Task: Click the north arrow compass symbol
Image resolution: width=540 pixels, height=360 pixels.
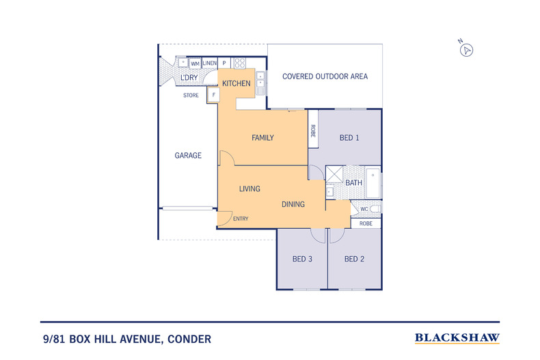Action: pos(466,51)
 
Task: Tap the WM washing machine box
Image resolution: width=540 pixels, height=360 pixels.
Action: pos(195,64)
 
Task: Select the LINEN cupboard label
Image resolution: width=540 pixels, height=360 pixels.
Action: pos(209,64)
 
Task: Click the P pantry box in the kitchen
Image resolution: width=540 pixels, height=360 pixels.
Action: pos(224,63)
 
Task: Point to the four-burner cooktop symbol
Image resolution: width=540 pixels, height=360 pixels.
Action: pos(240,63)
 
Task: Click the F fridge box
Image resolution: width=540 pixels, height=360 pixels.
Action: pos(213,95)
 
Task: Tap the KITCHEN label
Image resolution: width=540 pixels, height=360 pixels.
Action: pos(237,83)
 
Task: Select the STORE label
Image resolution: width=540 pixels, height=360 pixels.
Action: pos(191,96)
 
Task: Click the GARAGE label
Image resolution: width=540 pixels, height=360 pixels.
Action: pos(188,156)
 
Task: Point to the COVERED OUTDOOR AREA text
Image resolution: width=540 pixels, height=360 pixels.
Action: pos(325,77)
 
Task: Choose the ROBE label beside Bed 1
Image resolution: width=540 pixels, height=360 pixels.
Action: pos(313,130)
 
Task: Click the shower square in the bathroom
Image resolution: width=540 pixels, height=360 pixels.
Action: pos(334,174)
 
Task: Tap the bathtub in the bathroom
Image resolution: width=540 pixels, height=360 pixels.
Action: pos(373,183)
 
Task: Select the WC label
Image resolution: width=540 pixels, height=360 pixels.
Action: pos(364,209)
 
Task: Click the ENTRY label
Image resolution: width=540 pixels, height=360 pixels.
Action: pos(241,219)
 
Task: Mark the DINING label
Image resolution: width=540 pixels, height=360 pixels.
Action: pos(293,204)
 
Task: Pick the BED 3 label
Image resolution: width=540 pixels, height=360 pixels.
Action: pos(302,259)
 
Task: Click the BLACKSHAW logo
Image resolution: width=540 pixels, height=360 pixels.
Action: pos(457,338)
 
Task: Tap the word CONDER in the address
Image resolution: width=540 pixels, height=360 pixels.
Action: pos(189,340)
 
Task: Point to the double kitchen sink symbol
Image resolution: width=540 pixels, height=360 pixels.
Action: pos(260,83)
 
